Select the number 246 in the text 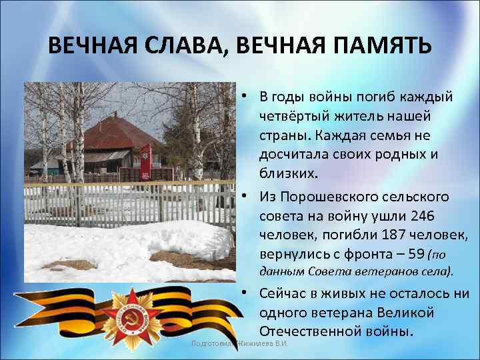(423, 216)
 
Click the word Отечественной (311, 331)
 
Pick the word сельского (413, 197)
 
